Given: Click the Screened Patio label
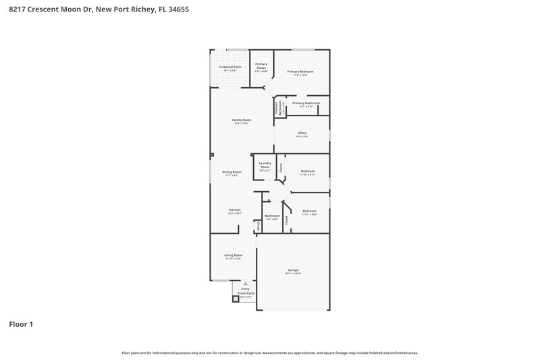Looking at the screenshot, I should click(230, 67).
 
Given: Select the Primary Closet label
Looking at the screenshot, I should click(261, 66).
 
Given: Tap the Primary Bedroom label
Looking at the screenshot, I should click(300, 72).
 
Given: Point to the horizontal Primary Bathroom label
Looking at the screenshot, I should click(306, 103).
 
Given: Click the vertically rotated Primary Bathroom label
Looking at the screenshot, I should click(277, 107).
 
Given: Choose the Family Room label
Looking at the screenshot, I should click(242, 120).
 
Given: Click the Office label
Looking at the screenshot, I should click(302, 133).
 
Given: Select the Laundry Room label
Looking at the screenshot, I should click(265, 165).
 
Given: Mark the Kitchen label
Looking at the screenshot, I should click(234, 210).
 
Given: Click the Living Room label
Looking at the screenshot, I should click(233, 255).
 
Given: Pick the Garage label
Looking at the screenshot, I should click(293, 270).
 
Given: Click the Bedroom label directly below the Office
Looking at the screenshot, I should click(307, 172).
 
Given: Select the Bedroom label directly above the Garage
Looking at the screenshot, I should click(309, 211).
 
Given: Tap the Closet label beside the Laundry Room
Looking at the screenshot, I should click(281, 168).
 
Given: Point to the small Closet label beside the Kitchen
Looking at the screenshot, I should click(257, 227).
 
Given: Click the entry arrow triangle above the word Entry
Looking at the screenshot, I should click(236, 284).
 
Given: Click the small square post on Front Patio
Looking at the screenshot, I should click(236, 299).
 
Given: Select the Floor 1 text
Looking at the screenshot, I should click(21, 324).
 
